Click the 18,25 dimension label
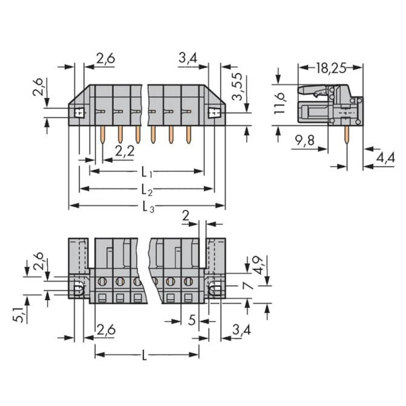point(330,68)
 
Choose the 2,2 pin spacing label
point(125,152)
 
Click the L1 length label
point(147,173)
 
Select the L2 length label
point(147,190)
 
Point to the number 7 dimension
point(248,286)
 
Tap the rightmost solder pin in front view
point(188,134)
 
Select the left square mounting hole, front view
point(79,112)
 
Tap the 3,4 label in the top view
point(188,59)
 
